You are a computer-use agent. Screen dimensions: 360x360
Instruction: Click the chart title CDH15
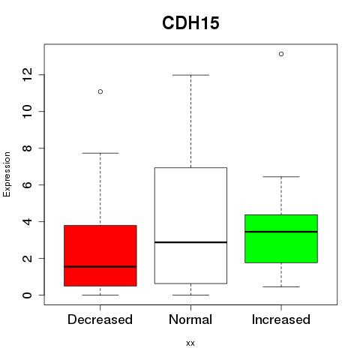coord(190,23)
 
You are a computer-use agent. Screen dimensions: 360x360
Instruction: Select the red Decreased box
coord(100,256)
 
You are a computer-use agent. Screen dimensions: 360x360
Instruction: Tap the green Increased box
coord(281,238)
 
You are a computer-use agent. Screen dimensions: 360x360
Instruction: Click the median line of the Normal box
coord(190,242)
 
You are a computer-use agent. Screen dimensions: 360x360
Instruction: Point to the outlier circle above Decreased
coord(100,91)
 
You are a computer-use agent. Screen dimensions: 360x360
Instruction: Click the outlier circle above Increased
coord(281,54)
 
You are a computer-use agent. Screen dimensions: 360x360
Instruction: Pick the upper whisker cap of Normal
coord(190,75)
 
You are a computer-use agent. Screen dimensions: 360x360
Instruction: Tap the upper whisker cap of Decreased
coord(100,153)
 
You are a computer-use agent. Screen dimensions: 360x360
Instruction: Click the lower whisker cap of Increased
coord(281,286)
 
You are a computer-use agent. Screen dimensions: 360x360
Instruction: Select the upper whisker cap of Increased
coord(281,177)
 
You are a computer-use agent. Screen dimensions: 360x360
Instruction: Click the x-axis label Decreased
coord(100,319)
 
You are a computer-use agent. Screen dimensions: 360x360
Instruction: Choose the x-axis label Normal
coord(190,319)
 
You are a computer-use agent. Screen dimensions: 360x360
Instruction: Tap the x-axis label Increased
coord(281,319)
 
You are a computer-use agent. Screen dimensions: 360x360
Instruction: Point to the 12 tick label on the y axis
coord(27,74)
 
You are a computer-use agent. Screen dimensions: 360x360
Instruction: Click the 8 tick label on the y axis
coord(27,148)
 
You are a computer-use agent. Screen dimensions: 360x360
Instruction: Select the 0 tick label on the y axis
coord(27,295)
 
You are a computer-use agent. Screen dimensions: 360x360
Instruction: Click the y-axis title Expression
coord(7,174)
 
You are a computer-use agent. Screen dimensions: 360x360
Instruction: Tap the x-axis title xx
coord(190,343)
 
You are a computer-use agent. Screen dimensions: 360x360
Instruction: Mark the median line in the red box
coord(100,267)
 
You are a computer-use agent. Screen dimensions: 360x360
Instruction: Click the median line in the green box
coord(281,232)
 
